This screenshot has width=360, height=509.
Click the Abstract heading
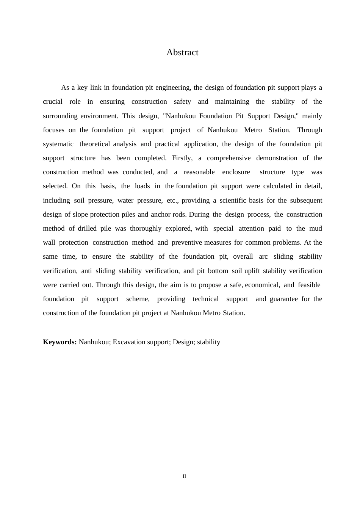(182, 52)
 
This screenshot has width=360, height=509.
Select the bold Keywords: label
(60, 342)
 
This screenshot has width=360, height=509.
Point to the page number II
(185, 476)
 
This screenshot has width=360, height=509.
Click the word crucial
(53, 101)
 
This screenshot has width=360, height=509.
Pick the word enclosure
(236, 172)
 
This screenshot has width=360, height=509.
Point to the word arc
(263, 256)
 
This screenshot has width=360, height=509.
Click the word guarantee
(284, 299)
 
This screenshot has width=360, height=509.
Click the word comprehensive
(229, 158)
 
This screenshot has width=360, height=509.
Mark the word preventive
(187, 242)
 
